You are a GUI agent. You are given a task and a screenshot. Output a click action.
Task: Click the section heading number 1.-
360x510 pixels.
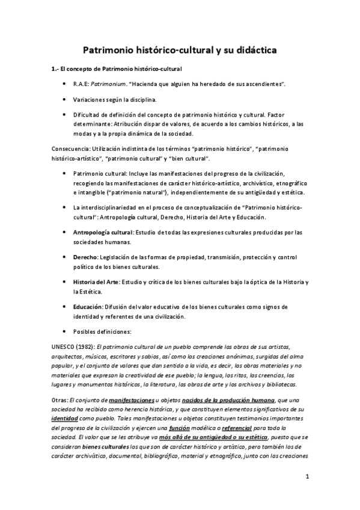coord(55,69)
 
